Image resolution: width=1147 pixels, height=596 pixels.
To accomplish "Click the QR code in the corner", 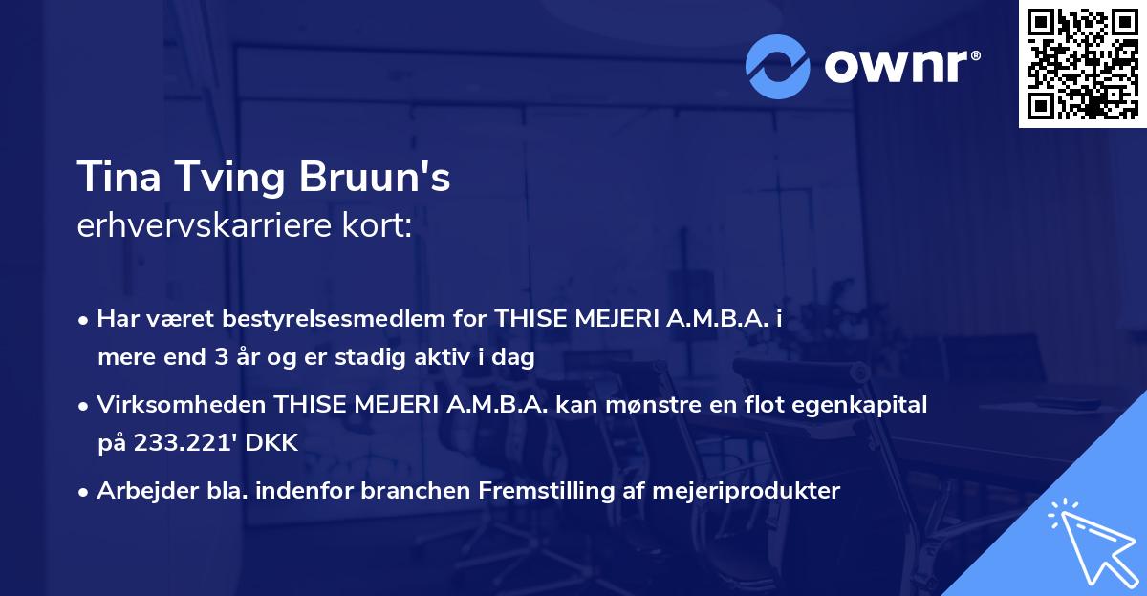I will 1083,63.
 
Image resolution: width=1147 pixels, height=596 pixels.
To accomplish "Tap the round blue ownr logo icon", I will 778,66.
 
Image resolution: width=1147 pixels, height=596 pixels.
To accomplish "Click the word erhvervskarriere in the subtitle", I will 198,225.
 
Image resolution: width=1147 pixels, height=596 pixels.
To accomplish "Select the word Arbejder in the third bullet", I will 138,491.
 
